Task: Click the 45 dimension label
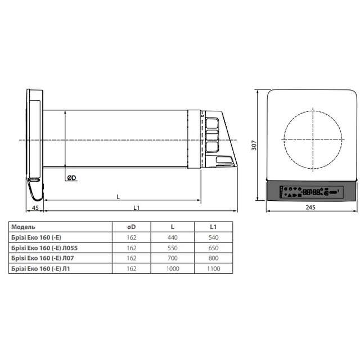35,208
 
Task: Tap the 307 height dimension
254,145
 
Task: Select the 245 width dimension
310,207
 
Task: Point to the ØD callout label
71,178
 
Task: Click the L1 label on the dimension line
137,208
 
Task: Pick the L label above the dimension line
118,197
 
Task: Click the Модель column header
23,227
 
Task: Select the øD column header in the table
132,227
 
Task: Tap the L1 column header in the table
213,227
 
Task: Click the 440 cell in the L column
173,237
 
